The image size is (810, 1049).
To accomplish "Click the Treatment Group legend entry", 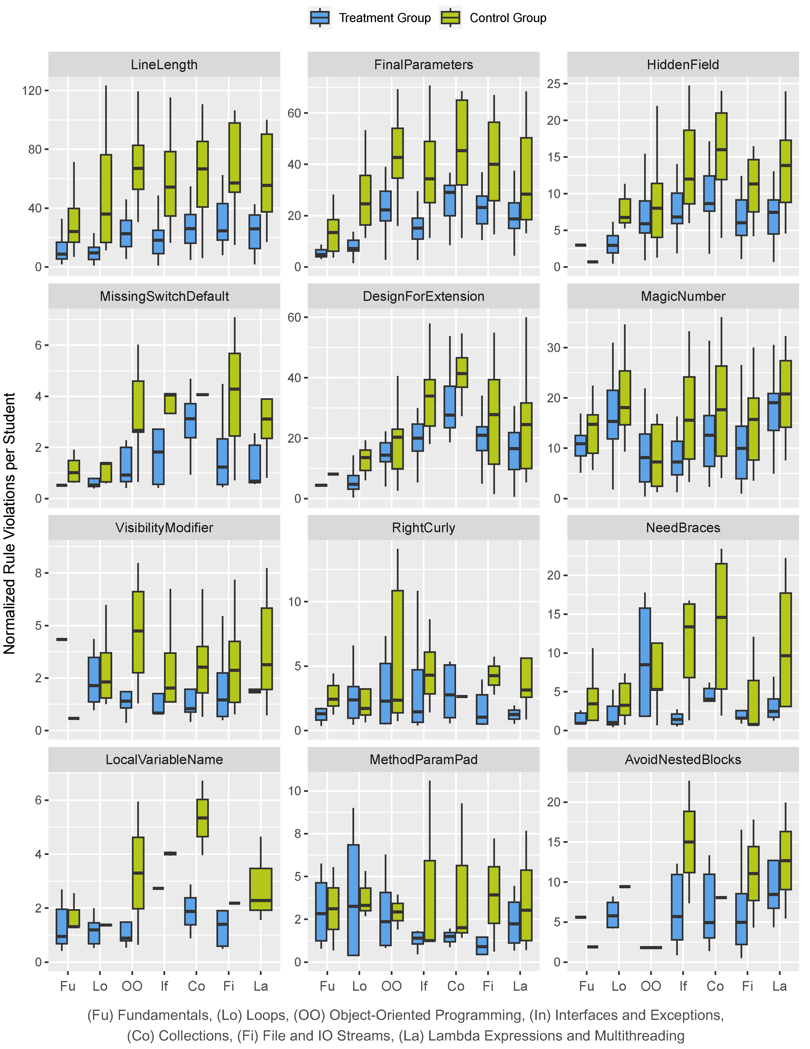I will click(370, 18).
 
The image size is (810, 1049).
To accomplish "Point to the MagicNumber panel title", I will click(683, 296).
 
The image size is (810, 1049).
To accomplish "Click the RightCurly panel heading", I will click(423, 528).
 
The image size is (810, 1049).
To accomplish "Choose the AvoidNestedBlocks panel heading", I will click(683, 759).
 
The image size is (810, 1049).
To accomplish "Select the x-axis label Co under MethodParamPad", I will click(455, 986).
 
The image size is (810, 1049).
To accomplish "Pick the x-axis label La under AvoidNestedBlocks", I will click(779, 986).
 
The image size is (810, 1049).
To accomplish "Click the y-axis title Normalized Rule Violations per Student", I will click(10, 524).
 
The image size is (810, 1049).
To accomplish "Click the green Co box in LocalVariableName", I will click(202, 818).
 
